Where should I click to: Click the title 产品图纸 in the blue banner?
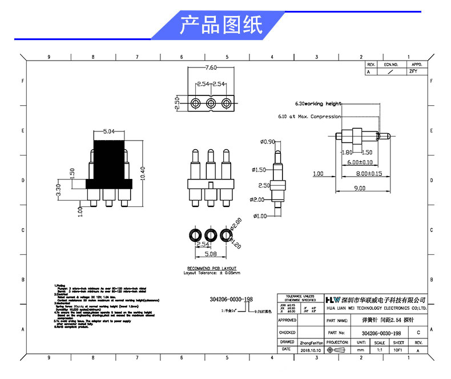[x=221, y=25]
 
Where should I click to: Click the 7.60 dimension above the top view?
[x=211, y=67]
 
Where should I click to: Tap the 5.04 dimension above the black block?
[x=108, y=132]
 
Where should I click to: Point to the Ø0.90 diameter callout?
[x=267, y=141]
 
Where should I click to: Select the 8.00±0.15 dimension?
[x=369, y=173]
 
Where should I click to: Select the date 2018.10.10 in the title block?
[x=311, y=349]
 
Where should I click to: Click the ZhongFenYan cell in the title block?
[x=311, y=342]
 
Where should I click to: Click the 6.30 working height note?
[x=317, y=104]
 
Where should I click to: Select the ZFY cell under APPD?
[x=413, y=72]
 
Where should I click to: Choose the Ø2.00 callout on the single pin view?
[x=259, y=199]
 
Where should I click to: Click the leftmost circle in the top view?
[x=196, y=103]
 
